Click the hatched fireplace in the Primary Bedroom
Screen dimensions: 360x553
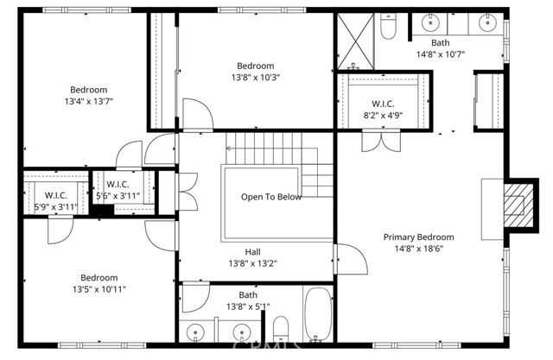[517, 204]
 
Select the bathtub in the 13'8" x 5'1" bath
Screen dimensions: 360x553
[318, 315]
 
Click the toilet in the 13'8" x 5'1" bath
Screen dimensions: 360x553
[281, 329]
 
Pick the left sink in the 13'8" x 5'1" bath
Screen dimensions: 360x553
[198, 332]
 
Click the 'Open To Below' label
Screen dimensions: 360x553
[270, 197]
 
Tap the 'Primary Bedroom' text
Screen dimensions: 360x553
[419, 237]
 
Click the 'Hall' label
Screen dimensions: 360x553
[252, 251]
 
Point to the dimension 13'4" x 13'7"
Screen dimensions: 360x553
[89, 101]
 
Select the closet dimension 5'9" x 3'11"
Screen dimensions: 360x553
[55, 207]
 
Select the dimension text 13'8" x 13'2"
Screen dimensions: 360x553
[252, 263]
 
